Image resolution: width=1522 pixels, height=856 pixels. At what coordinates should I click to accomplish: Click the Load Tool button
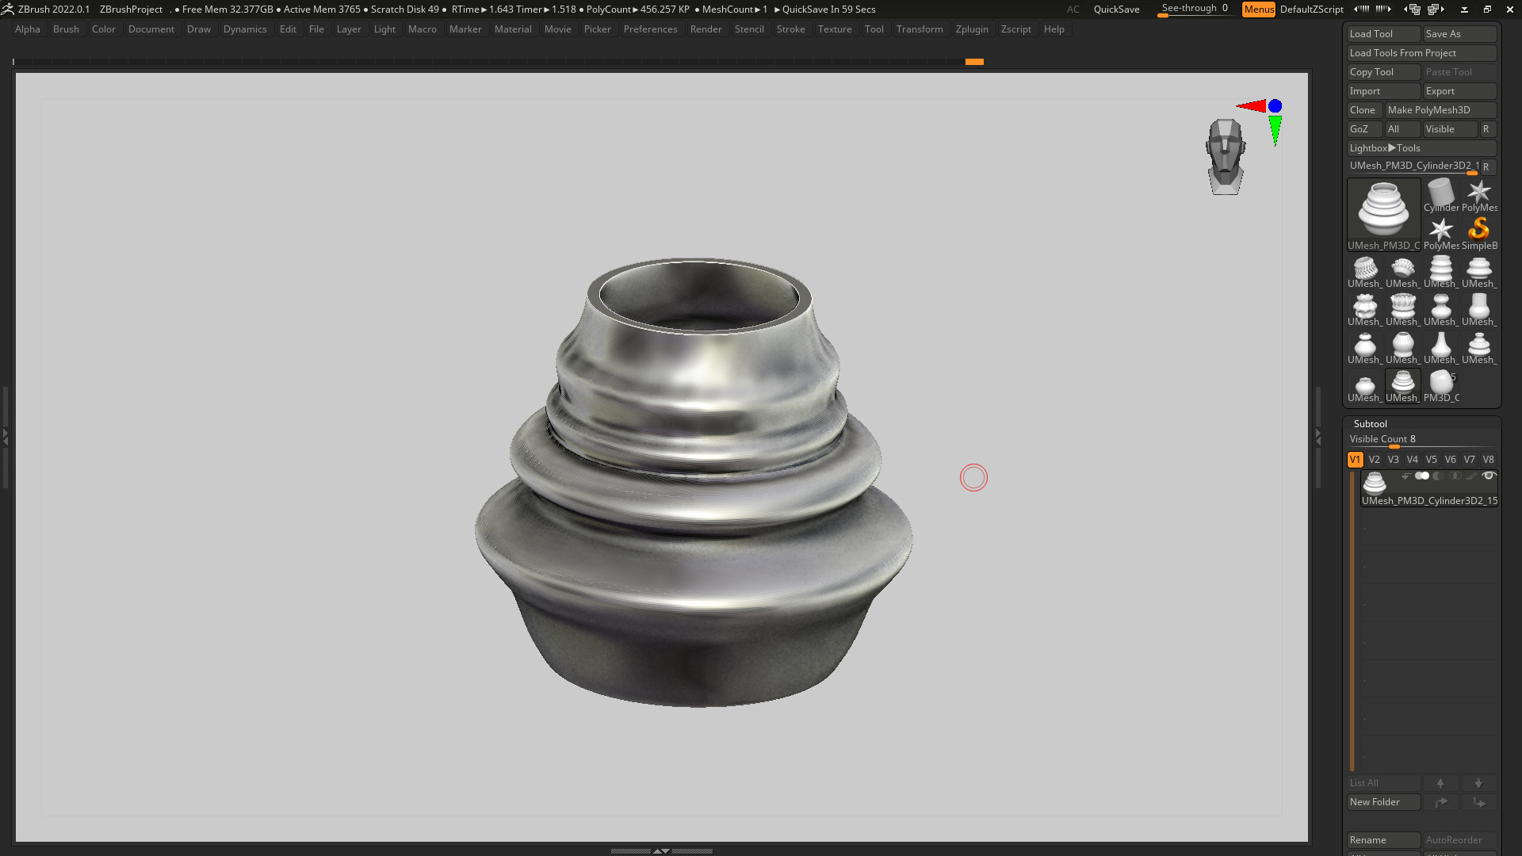point(1382,34)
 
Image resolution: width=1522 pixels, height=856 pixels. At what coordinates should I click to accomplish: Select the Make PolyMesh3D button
point(1440,110)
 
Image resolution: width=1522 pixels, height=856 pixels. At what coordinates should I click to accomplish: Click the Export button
point(1459,91)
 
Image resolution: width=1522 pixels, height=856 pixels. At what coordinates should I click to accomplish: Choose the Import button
point(1382,91)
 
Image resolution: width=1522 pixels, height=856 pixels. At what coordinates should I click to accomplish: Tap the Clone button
point(1363,110)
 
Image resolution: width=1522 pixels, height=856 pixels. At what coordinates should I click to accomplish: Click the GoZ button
point(1360,129)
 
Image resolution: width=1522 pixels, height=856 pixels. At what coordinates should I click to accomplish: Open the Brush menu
point(66,29)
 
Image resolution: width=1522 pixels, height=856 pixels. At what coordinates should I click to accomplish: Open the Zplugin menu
point(972,29)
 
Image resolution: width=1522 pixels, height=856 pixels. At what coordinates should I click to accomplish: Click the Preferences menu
point(650,29)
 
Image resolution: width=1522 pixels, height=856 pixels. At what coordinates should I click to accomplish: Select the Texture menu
point(835,29)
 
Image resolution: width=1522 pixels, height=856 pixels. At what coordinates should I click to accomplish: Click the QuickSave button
point(1116,10)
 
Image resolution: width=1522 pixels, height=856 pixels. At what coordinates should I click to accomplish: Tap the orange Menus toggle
point(1259,10)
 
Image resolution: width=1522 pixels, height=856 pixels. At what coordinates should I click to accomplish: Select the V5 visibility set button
point(1431,460)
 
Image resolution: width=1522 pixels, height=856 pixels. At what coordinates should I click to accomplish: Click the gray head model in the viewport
point(1226,156)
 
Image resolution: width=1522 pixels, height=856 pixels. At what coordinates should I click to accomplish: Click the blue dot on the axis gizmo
point(1275,106)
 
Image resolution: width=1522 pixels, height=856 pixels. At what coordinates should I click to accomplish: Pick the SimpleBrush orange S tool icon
point(1478,230)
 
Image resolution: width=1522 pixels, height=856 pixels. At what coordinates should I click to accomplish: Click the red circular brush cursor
point(973,478)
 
